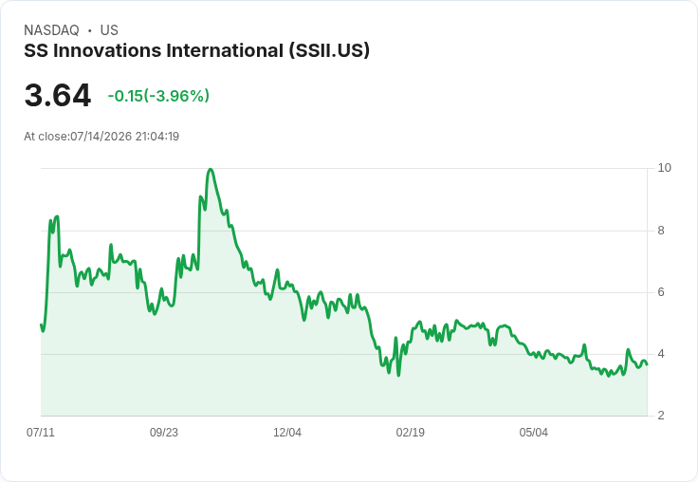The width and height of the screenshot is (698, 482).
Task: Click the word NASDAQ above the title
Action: click(51, 30)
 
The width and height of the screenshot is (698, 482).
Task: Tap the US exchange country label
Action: click(109, 30)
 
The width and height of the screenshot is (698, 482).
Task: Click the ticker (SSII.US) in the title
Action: click(329, 51)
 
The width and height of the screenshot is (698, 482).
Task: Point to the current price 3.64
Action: click(58, 96)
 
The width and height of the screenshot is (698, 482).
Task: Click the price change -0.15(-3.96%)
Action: click(158, 96)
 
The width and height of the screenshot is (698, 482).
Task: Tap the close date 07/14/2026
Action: click(101, 137)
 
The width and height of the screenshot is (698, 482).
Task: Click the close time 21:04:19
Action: click(157, 137)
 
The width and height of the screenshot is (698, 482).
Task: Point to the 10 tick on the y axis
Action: click(664, 168)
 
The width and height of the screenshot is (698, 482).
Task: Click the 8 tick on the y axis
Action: click(661, 231)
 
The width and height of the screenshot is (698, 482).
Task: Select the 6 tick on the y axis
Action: click(661, 292)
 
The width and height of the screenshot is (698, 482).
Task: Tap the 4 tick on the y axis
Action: click(661, 354)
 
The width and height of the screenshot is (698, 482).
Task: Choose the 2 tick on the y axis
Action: click(661, 416)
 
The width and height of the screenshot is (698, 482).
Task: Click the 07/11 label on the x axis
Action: click(41, 433)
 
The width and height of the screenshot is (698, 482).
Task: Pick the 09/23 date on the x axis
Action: click(164, 433)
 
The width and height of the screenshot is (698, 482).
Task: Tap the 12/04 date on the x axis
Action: click(287, 433)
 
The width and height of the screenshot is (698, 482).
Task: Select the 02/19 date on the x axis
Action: click(410, 433)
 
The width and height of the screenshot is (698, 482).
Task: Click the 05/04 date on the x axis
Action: click(533, 433)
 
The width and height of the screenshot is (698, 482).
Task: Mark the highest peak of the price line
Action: click(211, 169)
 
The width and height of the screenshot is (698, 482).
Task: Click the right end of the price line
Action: click(647, 364)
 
